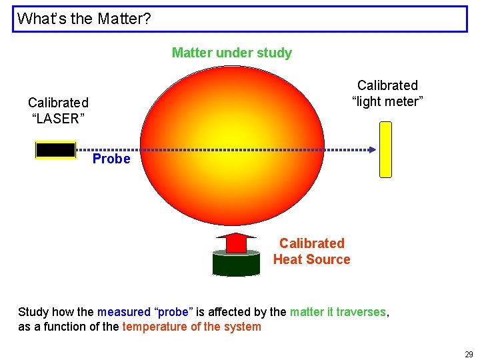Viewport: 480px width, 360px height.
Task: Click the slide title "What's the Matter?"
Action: (x=84, y=19)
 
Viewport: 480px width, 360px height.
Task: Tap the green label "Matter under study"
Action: (x=231, y=53)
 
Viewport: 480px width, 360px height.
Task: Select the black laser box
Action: (x=55, y=150)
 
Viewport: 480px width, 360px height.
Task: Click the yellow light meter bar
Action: (x=385, y=149)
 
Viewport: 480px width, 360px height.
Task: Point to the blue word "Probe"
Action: (x=111, y=159)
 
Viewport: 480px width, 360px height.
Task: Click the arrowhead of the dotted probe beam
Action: (x=372, y=150)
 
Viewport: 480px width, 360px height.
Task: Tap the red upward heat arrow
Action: (x=236, y=243)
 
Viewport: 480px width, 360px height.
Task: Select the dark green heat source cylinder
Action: (x=236, y=263)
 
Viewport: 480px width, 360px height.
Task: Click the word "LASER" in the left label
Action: (x=58, y=119)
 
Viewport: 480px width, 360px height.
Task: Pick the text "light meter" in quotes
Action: (x=387, y=101)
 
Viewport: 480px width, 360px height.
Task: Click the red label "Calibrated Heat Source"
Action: (x=311, y=251)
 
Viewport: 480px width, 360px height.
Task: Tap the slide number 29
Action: (x=469, y=355)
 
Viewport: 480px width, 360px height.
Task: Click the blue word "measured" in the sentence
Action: (x=124, y=312)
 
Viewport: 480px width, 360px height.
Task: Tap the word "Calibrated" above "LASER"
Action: (x=58, y=103)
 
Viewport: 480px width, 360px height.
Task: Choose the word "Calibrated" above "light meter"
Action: (x=387, y=85)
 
